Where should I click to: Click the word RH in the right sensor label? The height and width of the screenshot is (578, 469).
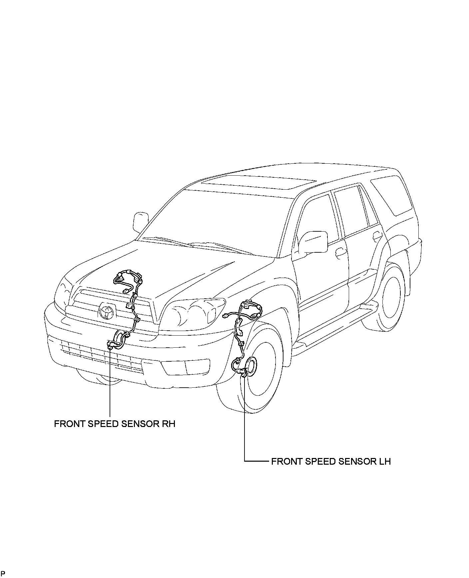click(x=168, y=424)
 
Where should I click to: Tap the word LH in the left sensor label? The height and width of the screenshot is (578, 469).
click(x=384, y=461)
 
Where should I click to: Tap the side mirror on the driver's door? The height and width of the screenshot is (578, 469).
click(x=312, y=242)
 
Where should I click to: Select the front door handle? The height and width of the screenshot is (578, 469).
click(x=341, y=252)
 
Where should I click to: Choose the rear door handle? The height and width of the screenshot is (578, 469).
click(x=377, y=236)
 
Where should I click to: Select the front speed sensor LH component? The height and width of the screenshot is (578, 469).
click(x=243, y=374)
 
